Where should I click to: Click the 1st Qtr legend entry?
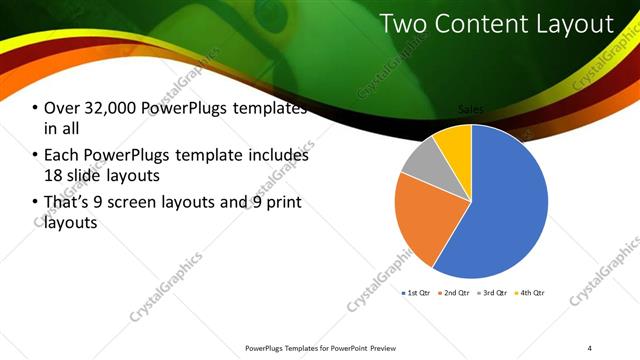[417, 293]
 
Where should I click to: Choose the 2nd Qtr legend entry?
[456, 293]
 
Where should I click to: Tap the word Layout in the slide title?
[574, 23]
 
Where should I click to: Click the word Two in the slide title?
[405, 23]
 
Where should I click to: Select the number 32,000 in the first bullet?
[111, 109]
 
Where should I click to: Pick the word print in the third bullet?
[284, 204]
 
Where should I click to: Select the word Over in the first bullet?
[60, 109]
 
